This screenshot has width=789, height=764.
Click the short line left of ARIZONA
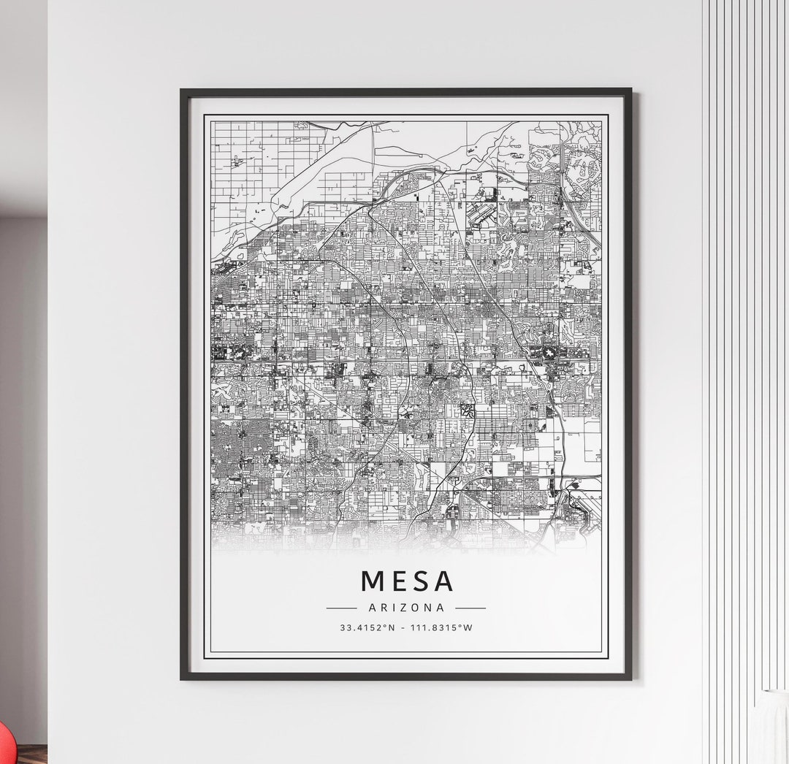341,607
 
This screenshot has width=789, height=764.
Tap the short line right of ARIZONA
470,607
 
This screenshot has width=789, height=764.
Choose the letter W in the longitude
468,627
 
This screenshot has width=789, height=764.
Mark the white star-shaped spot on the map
547,354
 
